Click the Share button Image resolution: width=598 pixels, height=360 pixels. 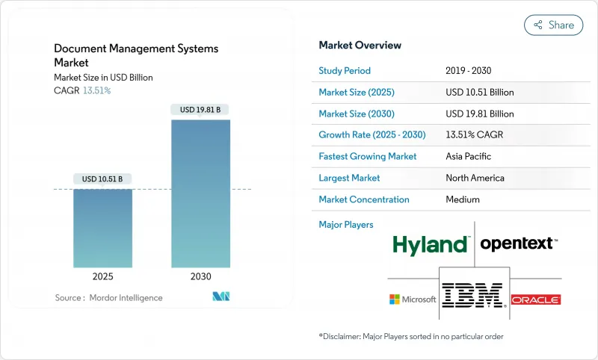coord(554,25)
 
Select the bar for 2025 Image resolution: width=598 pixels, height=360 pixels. coord(103,228)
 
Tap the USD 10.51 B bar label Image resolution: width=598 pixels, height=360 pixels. coord(103,179)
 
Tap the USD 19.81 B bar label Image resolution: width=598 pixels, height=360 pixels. coord(200,110)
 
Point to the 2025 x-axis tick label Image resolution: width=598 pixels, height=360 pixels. coord(103,276)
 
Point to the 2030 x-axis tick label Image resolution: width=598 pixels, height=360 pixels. coord(200,276)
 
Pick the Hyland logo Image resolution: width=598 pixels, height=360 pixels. coord(431,243)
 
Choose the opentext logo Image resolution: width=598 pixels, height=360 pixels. coord(518,243)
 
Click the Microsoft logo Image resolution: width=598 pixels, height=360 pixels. coord(413,299)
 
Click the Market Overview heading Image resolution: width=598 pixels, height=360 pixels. coord(360,46)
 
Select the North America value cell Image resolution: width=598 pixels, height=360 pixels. coord(475,178)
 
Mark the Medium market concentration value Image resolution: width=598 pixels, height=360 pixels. coord(462,199)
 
